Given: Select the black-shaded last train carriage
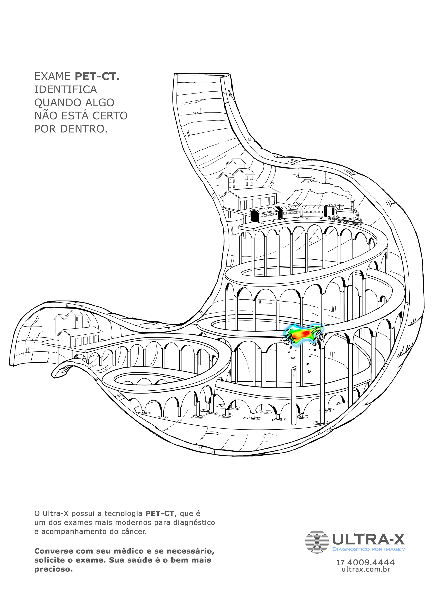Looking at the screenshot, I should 264,215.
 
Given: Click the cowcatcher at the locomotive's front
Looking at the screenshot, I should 360,221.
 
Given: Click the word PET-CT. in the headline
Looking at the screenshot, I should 97,76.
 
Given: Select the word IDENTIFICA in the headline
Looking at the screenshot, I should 66,89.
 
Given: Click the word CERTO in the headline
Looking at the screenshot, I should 110,116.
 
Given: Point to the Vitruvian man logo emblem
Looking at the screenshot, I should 316,542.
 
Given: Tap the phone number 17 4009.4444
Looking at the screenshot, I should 366,563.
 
